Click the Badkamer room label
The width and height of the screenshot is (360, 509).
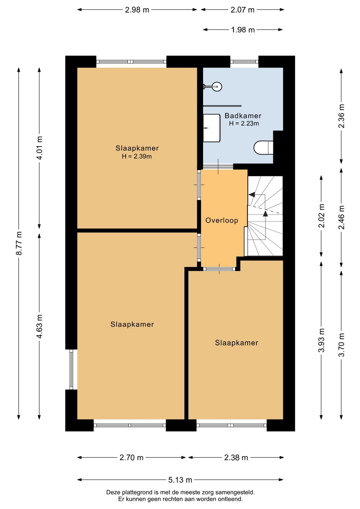click(243, 116)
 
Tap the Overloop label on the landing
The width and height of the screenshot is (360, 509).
click(222, 220)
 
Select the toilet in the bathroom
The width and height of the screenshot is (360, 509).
click(263, 147)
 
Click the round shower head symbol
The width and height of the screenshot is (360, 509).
click(217, 87)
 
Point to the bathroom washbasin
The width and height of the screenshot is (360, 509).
click(211, 128)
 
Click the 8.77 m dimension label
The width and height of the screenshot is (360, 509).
click(19, 243)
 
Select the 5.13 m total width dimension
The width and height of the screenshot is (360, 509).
click(180, 480)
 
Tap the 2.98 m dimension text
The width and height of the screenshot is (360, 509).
click(137, 10)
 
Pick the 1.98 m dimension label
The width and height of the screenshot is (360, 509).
click(243, 30)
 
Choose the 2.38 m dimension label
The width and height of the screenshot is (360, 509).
click(236, 457)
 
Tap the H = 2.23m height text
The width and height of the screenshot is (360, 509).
click(244, 123)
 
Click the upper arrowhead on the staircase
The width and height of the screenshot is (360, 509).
click(251, 194)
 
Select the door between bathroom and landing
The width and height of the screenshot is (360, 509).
click(218, 166)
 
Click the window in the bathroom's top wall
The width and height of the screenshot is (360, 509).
click(244, 62)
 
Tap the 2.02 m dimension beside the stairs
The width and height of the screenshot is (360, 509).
click(321, 216)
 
